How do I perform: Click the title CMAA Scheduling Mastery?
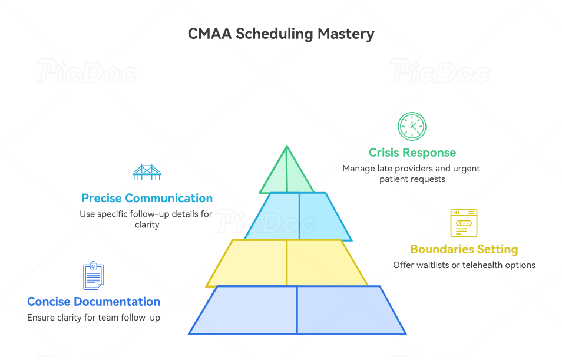click(281, 34)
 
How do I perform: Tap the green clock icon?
click(412, 126)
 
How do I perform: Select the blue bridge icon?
click(147, 172)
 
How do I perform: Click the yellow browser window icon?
click(464, 223)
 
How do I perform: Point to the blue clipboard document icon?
click(93, 276)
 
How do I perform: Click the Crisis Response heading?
click(412, 153)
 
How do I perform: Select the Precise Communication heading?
click(147, 198)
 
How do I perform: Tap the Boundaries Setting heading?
click(464, 249)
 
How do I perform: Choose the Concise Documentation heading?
click(94, 302)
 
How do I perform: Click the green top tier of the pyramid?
click(286, 174)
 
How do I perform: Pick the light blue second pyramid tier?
click(298, 216)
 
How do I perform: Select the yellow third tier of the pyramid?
click(287, 262)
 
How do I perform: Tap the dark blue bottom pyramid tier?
click(297, 310)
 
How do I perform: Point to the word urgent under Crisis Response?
click(466, 169)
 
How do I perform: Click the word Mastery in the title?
click(346, 34)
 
